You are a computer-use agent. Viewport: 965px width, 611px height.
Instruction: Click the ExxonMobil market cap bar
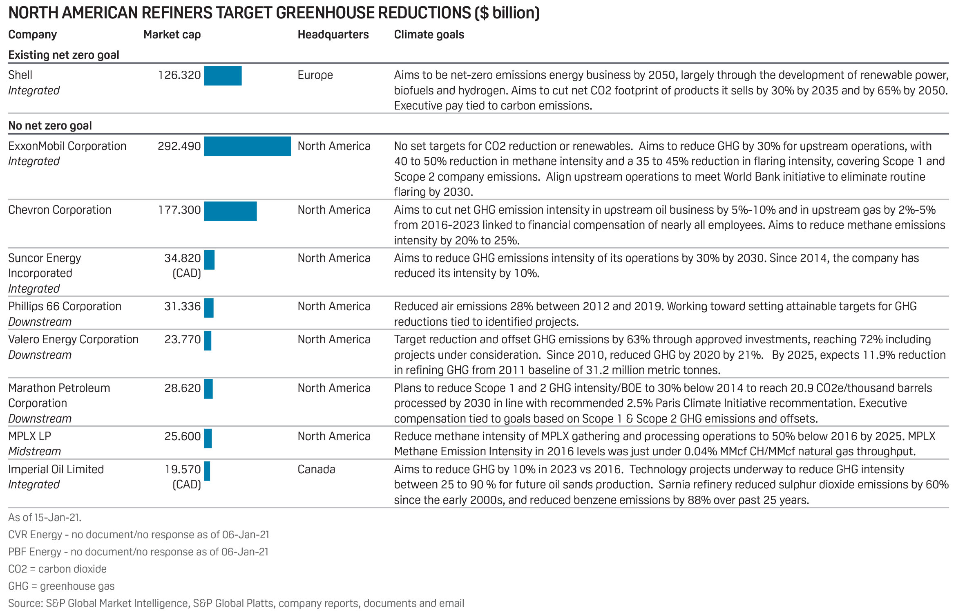[247, 146]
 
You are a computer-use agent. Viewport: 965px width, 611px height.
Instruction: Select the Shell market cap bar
[223, 76]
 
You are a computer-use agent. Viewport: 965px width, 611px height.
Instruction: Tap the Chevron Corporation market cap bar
[230, 211]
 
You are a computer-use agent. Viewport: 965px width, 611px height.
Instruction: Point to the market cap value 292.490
[179, 146]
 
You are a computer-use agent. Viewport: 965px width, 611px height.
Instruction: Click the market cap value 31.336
[183, 307]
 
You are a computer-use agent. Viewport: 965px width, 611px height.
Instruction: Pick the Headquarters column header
[333, 35]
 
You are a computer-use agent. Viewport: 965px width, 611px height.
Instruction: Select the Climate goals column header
[429, 35]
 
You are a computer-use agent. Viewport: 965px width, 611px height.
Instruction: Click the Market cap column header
[172, 35]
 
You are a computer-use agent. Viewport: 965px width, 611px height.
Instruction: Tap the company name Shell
[20, 75]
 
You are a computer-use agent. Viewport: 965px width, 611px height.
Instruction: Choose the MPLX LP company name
[30, 436]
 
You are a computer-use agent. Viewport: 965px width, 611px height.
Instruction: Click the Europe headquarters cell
[315, 75]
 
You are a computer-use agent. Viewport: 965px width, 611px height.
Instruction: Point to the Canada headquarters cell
[316, 470]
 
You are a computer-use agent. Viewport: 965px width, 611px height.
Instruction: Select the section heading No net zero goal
[50, 126]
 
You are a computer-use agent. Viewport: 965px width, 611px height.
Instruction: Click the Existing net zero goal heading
[64, 55]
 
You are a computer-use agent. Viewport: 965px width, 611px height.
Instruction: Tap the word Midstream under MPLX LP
[35, 452]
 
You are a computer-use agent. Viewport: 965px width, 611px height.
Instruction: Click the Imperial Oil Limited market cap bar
[207, 471]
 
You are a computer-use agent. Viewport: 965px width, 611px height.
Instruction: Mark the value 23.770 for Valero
[183, 340]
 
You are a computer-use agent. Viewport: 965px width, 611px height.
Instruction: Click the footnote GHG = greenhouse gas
[61, 586]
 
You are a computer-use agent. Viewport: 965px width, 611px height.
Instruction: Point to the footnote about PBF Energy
[138, 552]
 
